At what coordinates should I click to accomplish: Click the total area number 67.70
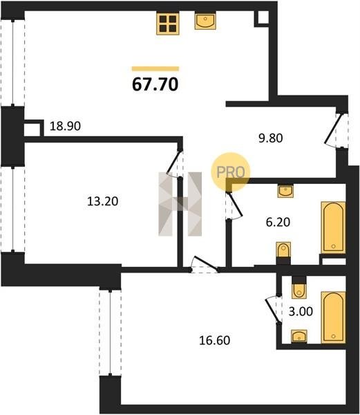(x=155, y=84)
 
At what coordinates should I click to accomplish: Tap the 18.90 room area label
(x=65, y=127)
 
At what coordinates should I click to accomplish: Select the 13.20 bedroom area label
(x=102, y=201)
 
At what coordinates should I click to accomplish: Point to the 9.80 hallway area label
(x=271, y=138)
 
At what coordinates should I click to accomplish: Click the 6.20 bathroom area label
(x=278, y=222)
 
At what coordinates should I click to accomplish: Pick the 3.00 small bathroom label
(x=301, y=311)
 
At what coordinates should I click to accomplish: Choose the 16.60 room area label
(x=215, y=340)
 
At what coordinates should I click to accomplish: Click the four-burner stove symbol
(x=168, y=24)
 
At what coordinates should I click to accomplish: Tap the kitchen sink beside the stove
(x=205, y=20)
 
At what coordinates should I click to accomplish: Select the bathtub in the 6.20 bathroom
(x=333, y=228)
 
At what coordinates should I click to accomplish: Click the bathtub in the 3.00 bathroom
(x=333, y=317)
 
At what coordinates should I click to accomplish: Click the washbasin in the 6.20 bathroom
(x=285, y=191)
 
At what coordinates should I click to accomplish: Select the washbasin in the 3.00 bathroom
(x=299, y=336)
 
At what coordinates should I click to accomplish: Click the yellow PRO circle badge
(x=231, y=172)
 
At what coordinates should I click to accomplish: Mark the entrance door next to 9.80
(x=337, y=130)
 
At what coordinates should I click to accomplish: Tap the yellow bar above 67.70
(x=155, y=68)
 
